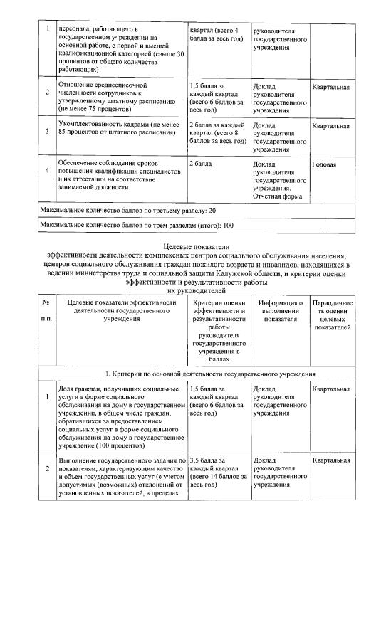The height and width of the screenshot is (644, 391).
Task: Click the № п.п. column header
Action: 46,310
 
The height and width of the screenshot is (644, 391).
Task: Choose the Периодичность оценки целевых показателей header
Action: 331,315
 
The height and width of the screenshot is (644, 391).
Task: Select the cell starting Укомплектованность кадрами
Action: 118,130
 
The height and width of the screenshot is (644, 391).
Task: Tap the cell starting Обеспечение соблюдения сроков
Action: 118,175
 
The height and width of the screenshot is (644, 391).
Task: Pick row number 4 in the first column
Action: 47,170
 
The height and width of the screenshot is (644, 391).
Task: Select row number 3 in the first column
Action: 47,131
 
